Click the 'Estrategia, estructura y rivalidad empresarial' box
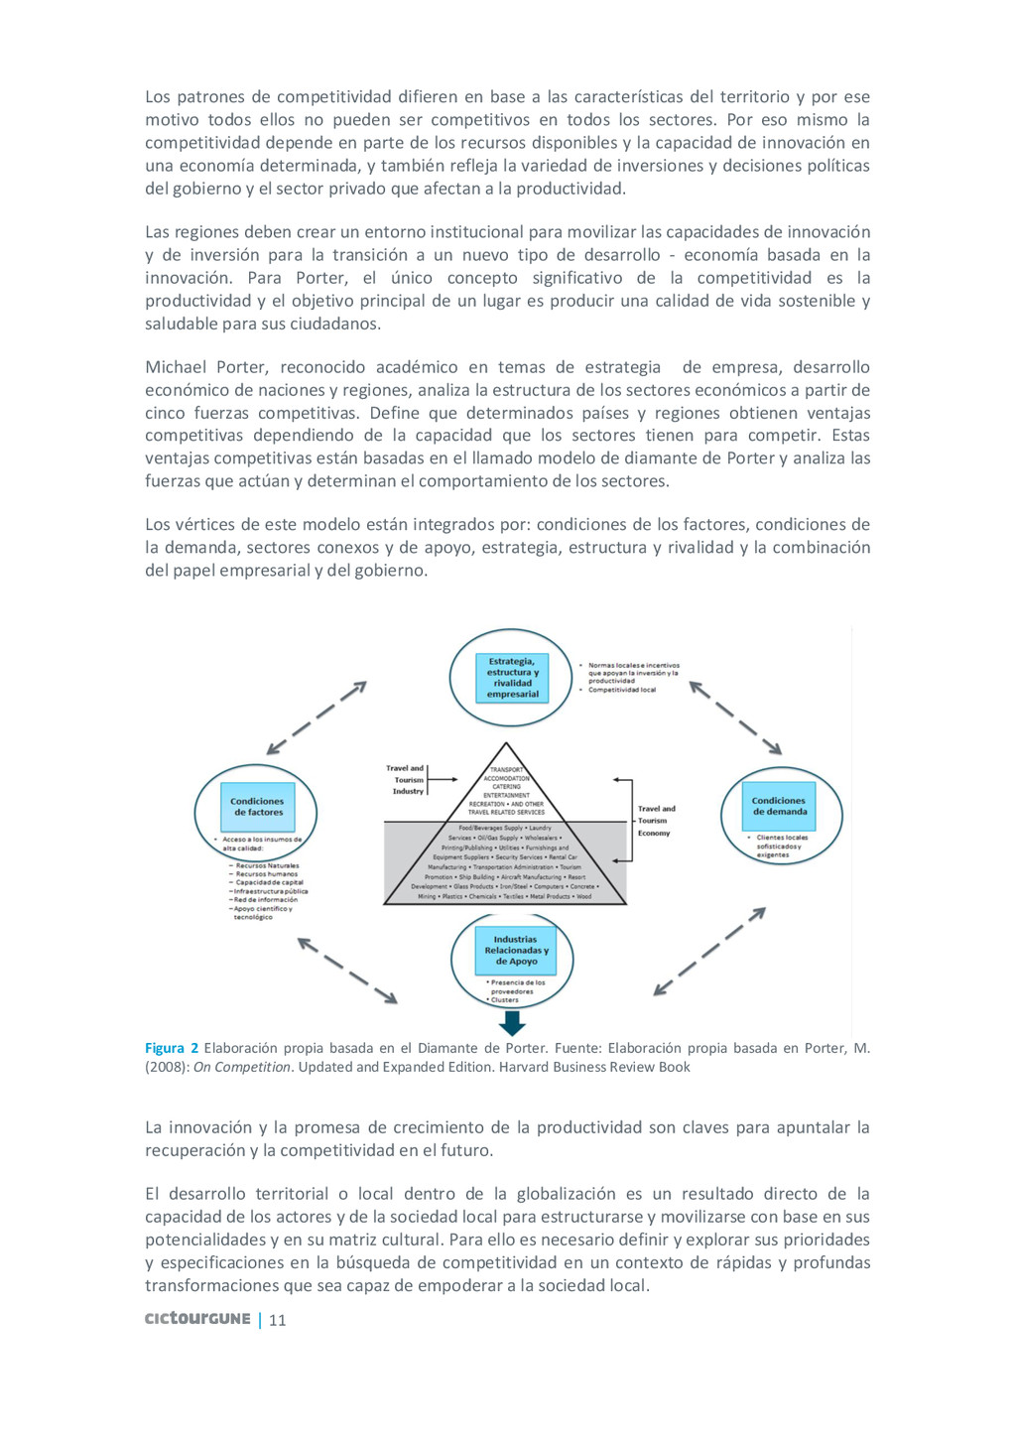[x=512, y=678]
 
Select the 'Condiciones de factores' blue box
[x=258, y=807]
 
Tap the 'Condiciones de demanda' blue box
[x=780, y=806]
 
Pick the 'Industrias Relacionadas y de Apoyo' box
[x=516, y=950]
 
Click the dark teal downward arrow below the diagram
[x=513, y=1021]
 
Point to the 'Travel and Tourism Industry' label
[x=407, y=779]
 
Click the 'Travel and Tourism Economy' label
[x=655, y=821]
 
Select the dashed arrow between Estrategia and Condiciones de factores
[x=317, y=718]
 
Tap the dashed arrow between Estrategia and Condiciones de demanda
[x=735, y=717]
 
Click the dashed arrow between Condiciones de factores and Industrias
[x=347, y=970]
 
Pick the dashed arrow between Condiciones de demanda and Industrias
[x=709, y=951]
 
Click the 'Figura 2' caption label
[x=172, y=1048]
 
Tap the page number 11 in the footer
[x=278, y=1320]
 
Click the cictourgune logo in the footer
[x=197, y=1319]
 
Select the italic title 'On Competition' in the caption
[x=241, y=1067]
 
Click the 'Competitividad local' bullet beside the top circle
[x=621, y=690]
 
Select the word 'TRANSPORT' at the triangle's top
[x=506, y=769]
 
